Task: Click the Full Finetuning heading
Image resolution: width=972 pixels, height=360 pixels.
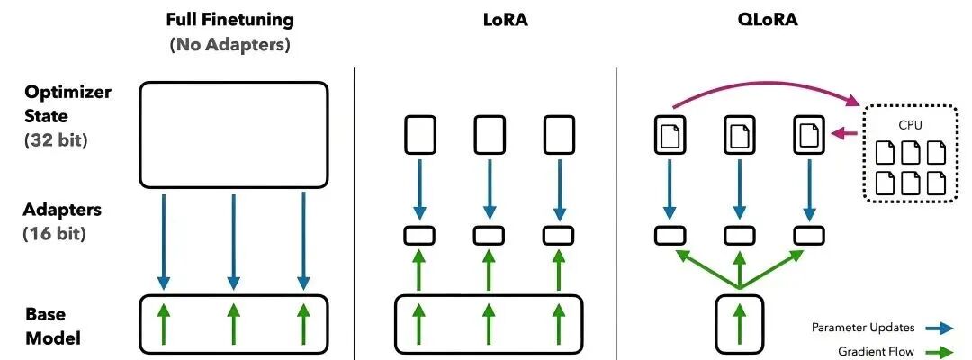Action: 230,18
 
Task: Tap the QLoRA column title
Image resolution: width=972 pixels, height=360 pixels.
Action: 740,18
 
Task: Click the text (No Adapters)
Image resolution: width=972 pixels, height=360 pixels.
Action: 230,44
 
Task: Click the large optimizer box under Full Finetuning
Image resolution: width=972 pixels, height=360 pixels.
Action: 233,134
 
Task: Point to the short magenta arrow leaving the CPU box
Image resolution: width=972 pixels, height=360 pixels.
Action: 843,135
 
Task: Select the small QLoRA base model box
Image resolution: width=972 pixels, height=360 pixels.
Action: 739,322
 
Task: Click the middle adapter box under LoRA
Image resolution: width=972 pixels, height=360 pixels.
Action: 488,234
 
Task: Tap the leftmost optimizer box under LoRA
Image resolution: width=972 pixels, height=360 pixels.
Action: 418,136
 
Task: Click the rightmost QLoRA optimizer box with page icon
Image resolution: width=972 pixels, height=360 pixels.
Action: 807,136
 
